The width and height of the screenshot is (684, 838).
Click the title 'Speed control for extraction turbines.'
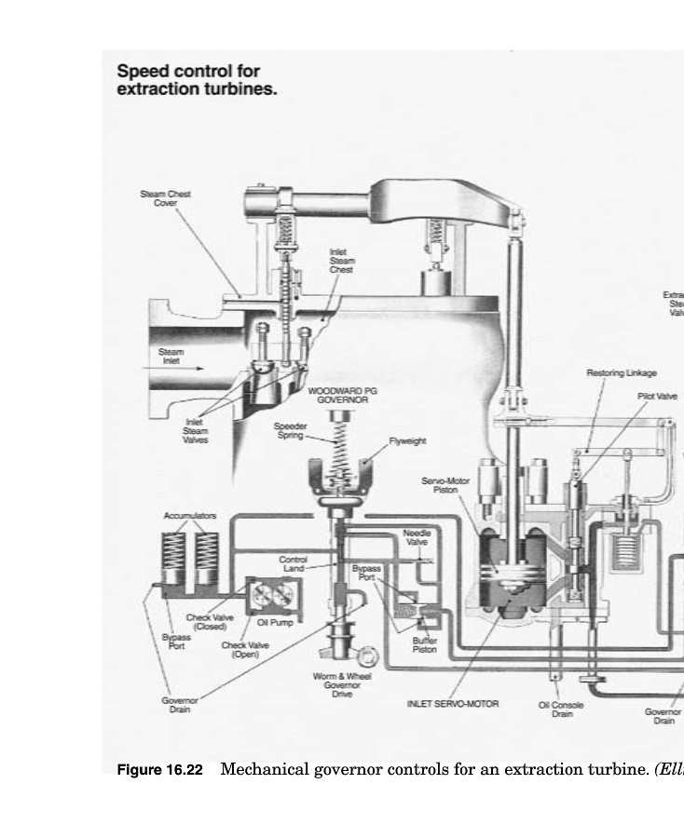[x=197, y=80]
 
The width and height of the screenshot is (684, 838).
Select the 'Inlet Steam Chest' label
[x=341, y=261]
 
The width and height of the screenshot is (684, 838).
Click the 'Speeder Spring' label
[x=290, y=430]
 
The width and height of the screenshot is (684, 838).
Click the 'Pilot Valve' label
[x=657, y=396]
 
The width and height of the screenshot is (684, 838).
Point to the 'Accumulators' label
[x=190, y=515]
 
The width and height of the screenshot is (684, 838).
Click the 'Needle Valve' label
[x=417, y=537]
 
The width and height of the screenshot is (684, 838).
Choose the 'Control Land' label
[x=293, y=563]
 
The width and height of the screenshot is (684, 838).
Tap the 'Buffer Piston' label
[x=424, y=644]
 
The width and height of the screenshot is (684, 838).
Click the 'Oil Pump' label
[x=269, y=622]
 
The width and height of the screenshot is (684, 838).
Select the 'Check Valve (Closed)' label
[x=210, y=621]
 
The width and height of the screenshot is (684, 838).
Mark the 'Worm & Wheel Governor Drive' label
[x=342, y=684]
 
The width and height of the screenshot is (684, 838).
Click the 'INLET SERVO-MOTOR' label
[x=453, y=704]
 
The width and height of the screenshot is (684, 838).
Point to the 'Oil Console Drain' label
[x=561, y=710]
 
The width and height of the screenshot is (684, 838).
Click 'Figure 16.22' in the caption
[x=159, y=771]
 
